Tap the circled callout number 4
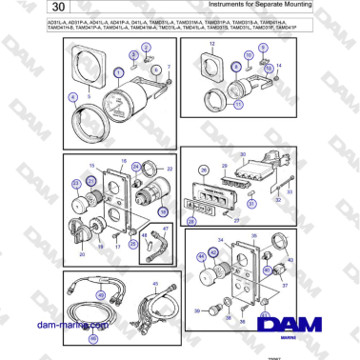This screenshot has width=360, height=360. [x=73, y=98]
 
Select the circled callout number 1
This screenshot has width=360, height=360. [x=118, y=71]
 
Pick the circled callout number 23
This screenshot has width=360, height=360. [x=77, y=184]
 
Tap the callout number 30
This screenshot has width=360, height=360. [x=243, y=154]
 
